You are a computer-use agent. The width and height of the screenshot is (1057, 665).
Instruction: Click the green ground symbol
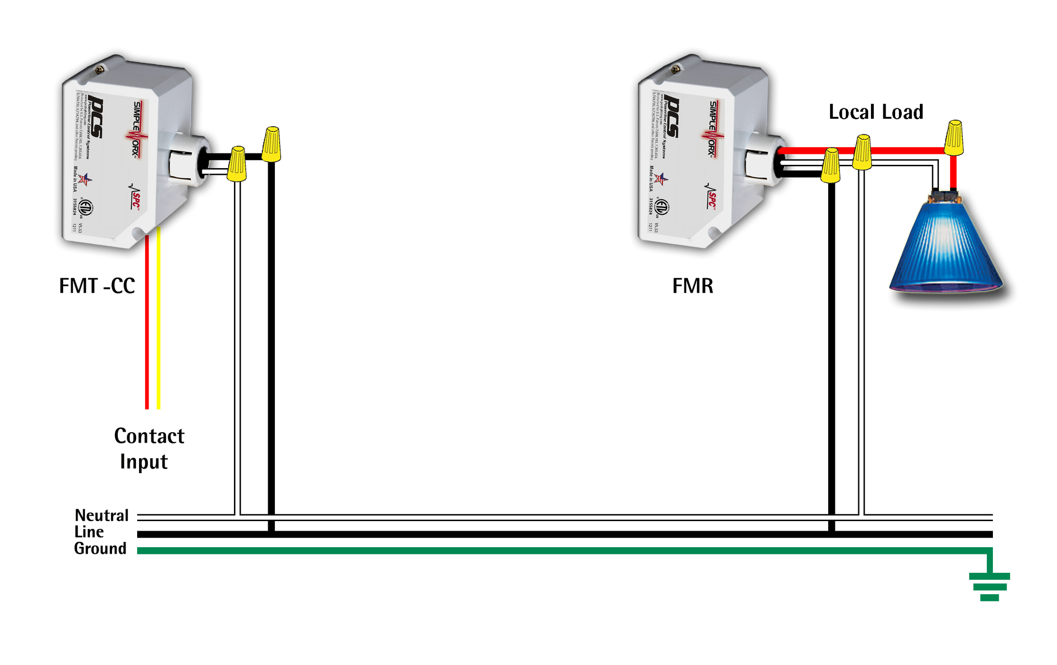click(990, 587)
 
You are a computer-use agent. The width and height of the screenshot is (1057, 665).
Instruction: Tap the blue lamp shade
click(945, 247)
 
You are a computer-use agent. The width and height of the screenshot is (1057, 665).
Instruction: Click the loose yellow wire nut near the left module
click(272, 144)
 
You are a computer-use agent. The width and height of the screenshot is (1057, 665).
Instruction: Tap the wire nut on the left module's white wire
click(237, 164)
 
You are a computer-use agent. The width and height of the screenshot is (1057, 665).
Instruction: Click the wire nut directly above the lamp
click(954, 137)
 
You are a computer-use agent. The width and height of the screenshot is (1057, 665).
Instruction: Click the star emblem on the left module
click(85, 180)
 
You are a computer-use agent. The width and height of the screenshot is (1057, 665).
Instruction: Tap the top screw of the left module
click(99, 70)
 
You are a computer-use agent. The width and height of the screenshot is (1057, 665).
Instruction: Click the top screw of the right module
click(675, 70)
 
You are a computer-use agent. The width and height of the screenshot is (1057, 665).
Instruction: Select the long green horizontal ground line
click(522, 551)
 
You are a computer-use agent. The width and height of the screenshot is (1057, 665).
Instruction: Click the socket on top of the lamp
click(945, 194)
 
